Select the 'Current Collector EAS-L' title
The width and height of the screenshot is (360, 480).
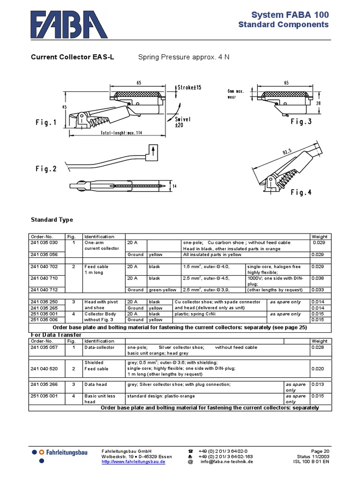tap(72, 58)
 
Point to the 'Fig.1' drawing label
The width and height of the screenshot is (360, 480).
tap(46, 123)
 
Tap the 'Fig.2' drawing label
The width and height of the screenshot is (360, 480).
tap(46, 169)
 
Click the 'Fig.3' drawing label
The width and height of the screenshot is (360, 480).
tap(300, 122)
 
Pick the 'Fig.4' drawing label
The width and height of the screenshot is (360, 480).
tap(300, 192)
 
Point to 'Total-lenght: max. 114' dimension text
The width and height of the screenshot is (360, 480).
tap(121, 133)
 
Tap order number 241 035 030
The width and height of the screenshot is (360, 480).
tap(44, 242)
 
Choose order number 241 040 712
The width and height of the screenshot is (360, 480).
tap(44, 290)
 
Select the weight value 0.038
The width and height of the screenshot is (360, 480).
tap(319, 278)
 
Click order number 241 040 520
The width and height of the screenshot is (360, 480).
tap(44, 369)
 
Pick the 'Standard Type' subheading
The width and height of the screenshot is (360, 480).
tap(52, 219)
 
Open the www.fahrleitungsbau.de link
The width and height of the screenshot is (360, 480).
tap(133, 462)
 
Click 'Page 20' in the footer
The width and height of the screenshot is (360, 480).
tap(320, 450)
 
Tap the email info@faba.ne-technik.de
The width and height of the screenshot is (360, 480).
tap(227, 462)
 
